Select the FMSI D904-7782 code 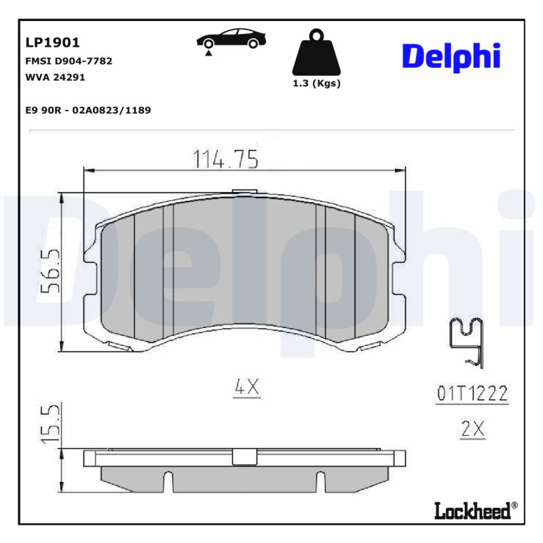click(x=69, y=61)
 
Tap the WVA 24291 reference click(x=55, y=77)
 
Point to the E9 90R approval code click(x=88, y=110)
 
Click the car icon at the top click(x=231, y=40)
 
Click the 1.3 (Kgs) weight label click(x=316, y=83)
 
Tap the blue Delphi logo click(x=451, y=57)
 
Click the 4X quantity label click(x=247, y=387)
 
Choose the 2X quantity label click(x=472, y=429)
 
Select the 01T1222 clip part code click(x=472, y=394)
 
